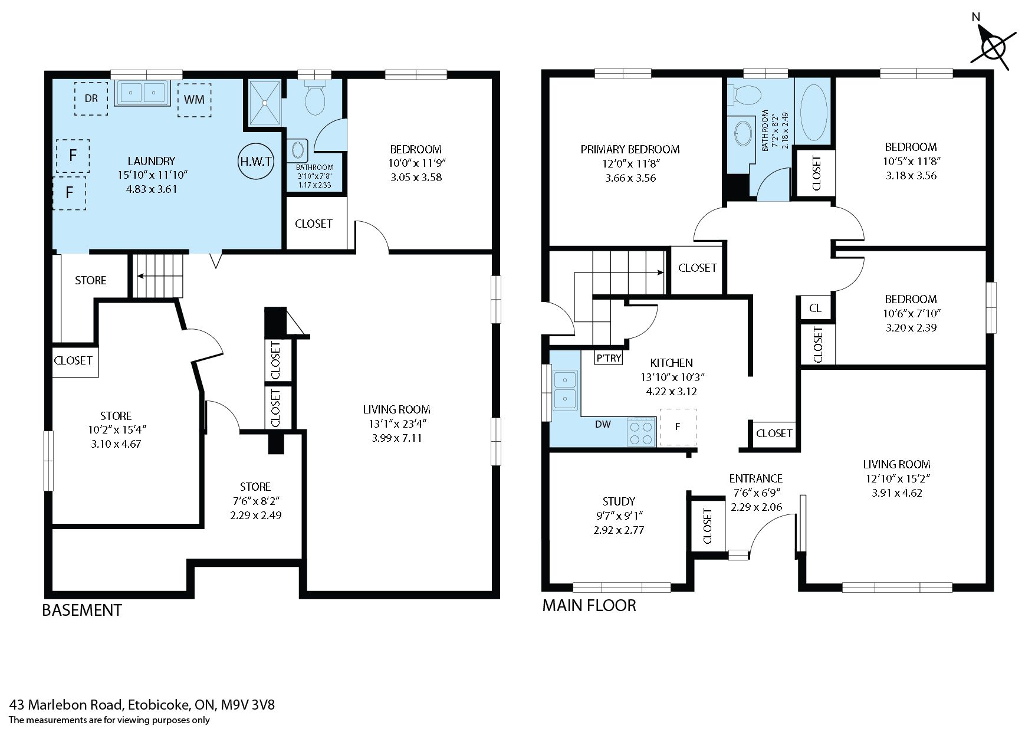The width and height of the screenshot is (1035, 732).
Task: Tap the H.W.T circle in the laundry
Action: [256, 161]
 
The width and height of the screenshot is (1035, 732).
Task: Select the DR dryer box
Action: [91, 99]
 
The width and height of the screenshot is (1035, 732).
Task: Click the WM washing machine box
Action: [194, 99]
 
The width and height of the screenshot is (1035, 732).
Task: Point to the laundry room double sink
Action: [142, 93]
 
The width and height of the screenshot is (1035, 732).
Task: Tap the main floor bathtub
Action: [813, 112]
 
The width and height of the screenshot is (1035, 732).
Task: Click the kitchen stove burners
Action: [642, 432]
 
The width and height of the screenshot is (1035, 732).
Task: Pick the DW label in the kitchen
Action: [603, 424]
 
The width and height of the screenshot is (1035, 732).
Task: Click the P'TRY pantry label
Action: [609, 358]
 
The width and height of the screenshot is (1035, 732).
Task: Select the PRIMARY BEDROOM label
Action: [630, 150]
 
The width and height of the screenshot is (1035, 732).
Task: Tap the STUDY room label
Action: [619, 501]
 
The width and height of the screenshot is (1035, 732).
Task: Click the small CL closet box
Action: [815, 308]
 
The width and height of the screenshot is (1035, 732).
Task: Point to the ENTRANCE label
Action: [756, 478]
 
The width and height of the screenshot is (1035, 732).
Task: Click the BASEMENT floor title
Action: [82, 610]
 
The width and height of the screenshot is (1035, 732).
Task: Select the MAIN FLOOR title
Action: [589, 606]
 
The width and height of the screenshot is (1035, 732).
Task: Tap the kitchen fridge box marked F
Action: [678, 426]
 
